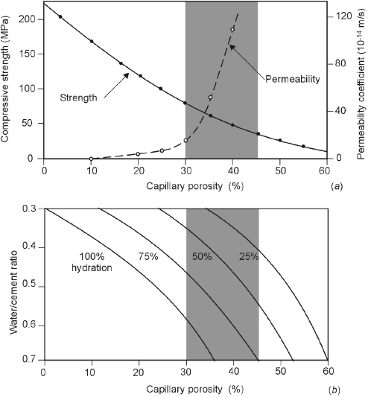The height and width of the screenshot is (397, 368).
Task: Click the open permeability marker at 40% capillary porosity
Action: (x=232, y=30)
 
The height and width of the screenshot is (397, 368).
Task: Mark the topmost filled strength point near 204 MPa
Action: (x=60, y=16)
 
